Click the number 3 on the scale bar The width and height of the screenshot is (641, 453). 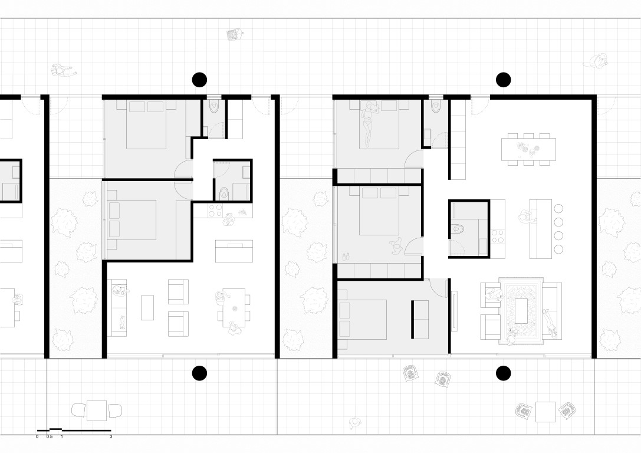pos(111,436)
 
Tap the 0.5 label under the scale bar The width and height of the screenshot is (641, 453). pos(50,436)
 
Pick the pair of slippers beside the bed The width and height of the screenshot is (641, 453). pos(346,257)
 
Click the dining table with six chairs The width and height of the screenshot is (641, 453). pos(528,149)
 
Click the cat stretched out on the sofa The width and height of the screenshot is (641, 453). pos(122,322)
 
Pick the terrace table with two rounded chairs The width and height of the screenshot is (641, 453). pos(97,411)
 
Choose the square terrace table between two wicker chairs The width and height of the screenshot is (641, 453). pos(545,412)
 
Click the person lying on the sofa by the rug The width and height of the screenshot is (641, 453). pos(550,323)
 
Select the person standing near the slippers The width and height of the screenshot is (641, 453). pos(396,247)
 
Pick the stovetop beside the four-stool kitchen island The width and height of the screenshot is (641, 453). pos(498,236)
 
